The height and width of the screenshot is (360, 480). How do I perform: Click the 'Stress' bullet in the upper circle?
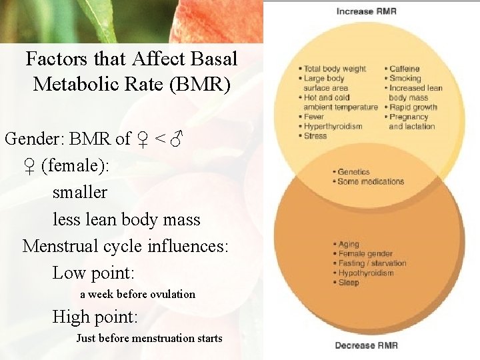click(315, 136)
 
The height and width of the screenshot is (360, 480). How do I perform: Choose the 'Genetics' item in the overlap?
click(353, 172)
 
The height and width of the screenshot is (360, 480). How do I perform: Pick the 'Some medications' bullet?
click(371, 181)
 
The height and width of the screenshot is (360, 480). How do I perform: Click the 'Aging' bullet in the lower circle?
click(349, 245)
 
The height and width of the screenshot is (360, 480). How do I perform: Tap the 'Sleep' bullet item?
click(349, 283)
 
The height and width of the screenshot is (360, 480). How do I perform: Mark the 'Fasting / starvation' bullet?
click(372, 263)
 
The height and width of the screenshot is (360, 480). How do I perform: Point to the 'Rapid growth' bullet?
click(413, 107)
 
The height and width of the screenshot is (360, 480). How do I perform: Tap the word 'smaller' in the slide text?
click(79, 193)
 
